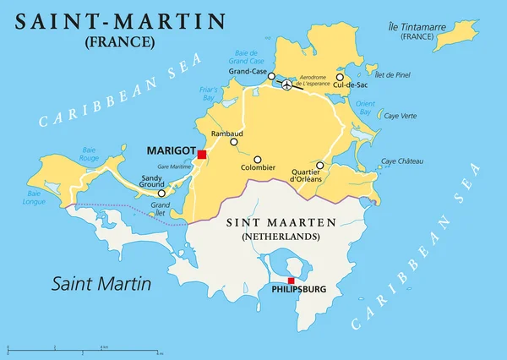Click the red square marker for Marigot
click(x=202, y=154)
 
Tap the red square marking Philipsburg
click(x=292, y=281)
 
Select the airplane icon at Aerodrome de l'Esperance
click(x=287, y=85)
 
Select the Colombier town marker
click(x=259, y=158)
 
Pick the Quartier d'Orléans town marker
click(x=319, y=165)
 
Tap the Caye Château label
click(x=401, y=161)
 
